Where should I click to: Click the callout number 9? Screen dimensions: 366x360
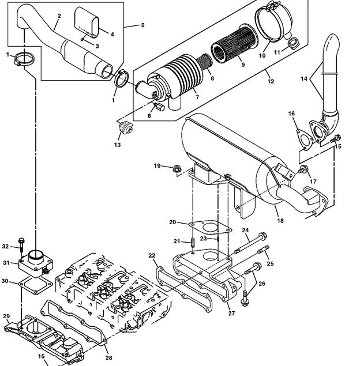tap(243, 65)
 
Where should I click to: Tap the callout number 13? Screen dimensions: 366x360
tap(117, 145)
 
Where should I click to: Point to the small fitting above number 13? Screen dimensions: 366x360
tap(123, 129)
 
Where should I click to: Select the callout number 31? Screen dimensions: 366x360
tap(6, 263)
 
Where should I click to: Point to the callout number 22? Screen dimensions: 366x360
tap(152, 255)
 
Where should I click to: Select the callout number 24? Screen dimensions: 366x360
tap(245, 231)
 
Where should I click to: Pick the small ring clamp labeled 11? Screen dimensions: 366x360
tap(294, 43)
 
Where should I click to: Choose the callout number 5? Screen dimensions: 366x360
tap(141, 26)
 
